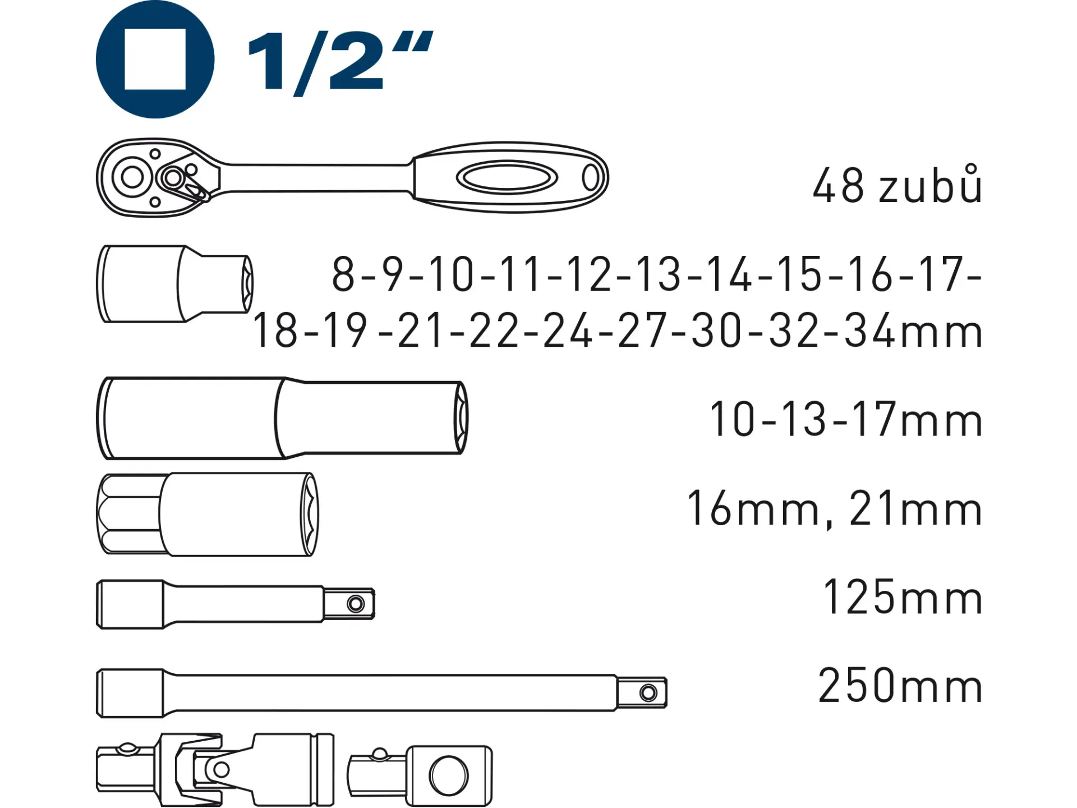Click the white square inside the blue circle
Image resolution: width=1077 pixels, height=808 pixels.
click(x=155, y=59)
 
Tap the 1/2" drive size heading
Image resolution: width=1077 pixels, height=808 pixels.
click(x=340, y=63)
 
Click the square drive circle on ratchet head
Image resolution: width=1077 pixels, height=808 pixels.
click(x=132, y=177)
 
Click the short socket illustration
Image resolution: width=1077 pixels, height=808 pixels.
click(x=175, y=284)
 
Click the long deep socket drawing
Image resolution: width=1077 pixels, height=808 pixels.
click(x=282, y=419)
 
